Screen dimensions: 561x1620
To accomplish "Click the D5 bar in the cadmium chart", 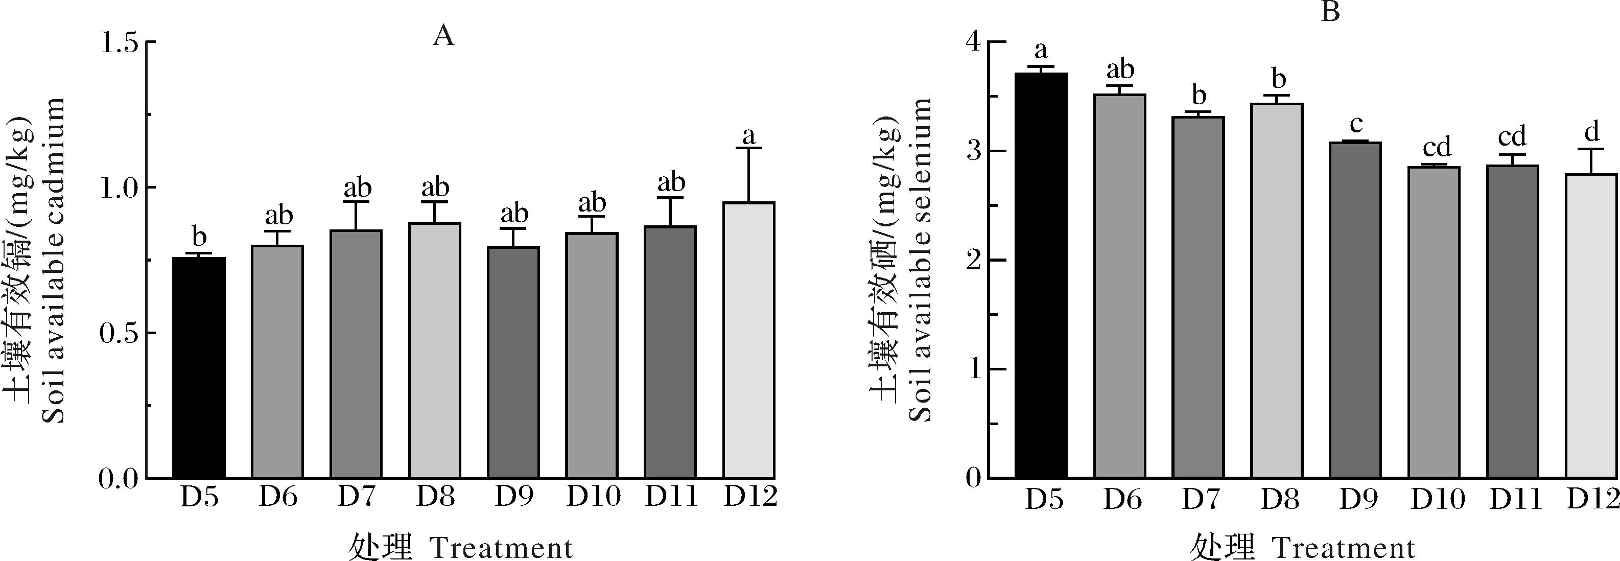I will coord(199,368).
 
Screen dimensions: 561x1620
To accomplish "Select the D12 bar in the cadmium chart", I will coord(748,340).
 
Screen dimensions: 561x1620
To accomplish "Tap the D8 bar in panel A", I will coord(435,350).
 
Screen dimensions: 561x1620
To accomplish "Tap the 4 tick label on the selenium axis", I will coord(974,43).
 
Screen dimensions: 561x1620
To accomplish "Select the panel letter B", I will coord(1330,11).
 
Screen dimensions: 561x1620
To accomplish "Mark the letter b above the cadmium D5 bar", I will coord(199,237).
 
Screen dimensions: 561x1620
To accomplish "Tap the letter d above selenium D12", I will coord(1592,131).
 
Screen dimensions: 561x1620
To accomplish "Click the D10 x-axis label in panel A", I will coord(593,497).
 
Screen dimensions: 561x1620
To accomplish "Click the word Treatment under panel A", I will coord(501,547).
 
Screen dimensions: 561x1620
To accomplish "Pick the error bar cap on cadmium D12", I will coord(748,148).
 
